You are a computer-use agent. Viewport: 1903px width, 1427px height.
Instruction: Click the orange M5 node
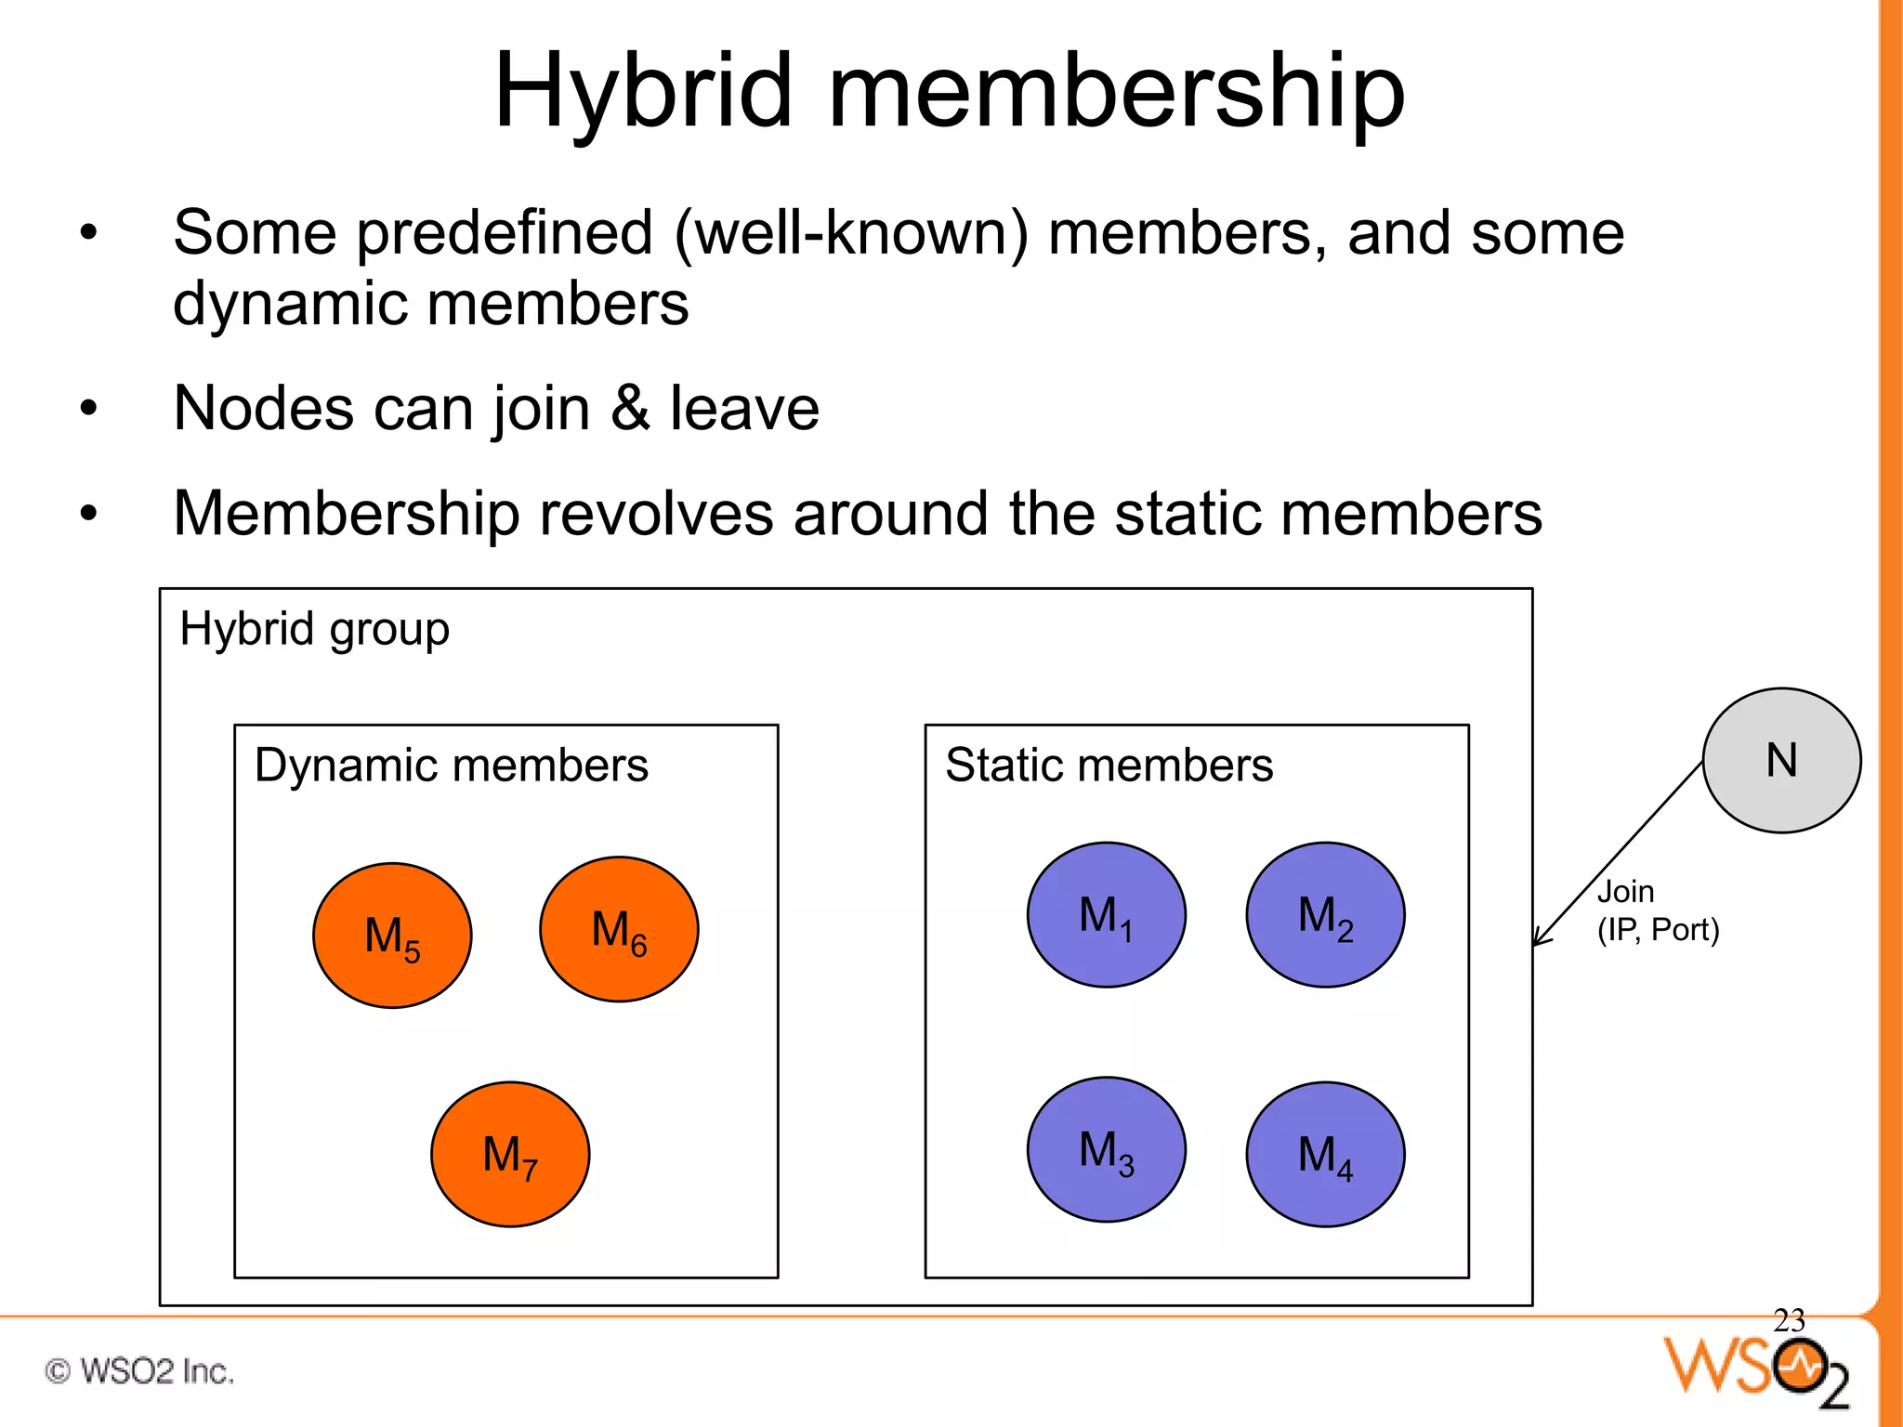click(x=392, y=936)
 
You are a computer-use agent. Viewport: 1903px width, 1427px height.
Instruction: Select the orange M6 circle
click(x=619, y=929)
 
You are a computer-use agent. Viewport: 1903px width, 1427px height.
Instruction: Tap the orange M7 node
click(x=510, y=1155)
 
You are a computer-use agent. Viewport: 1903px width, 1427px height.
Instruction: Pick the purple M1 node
click(x=1106, y=915)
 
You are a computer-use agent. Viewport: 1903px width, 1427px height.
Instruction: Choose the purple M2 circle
click(x=1325, y=915)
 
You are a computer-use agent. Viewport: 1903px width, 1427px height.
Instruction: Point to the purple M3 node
click(x=1106, y=1150)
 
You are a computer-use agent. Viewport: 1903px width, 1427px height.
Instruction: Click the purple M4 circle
click(x=1325, y=1155)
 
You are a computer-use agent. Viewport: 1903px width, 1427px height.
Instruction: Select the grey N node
click(x=1781, y=760)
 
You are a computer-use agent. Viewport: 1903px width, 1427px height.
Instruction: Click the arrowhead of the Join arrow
click(x=1538, y=939)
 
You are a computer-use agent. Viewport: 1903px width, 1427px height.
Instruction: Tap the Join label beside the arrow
click(x=1625, y=892)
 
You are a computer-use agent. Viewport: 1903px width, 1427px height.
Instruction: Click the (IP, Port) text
click(x=1658, y=930)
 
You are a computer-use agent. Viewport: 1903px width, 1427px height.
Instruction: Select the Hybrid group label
click(x=314, y=630)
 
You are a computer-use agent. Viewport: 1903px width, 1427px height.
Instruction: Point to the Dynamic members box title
click(x=451, y=766)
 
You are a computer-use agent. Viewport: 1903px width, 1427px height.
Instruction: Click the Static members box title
click(x=1109, y=766)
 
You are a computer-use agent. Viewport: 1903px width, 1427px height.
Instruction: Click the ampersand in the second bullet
click(x=630, y=408)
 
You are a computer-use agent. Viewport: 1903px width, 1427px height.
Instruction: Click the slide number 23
click(x=1788, y=1320)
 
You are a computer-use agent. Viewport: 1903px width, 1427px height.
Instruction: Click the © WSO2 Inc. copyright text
click(x=139, y=1371)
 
